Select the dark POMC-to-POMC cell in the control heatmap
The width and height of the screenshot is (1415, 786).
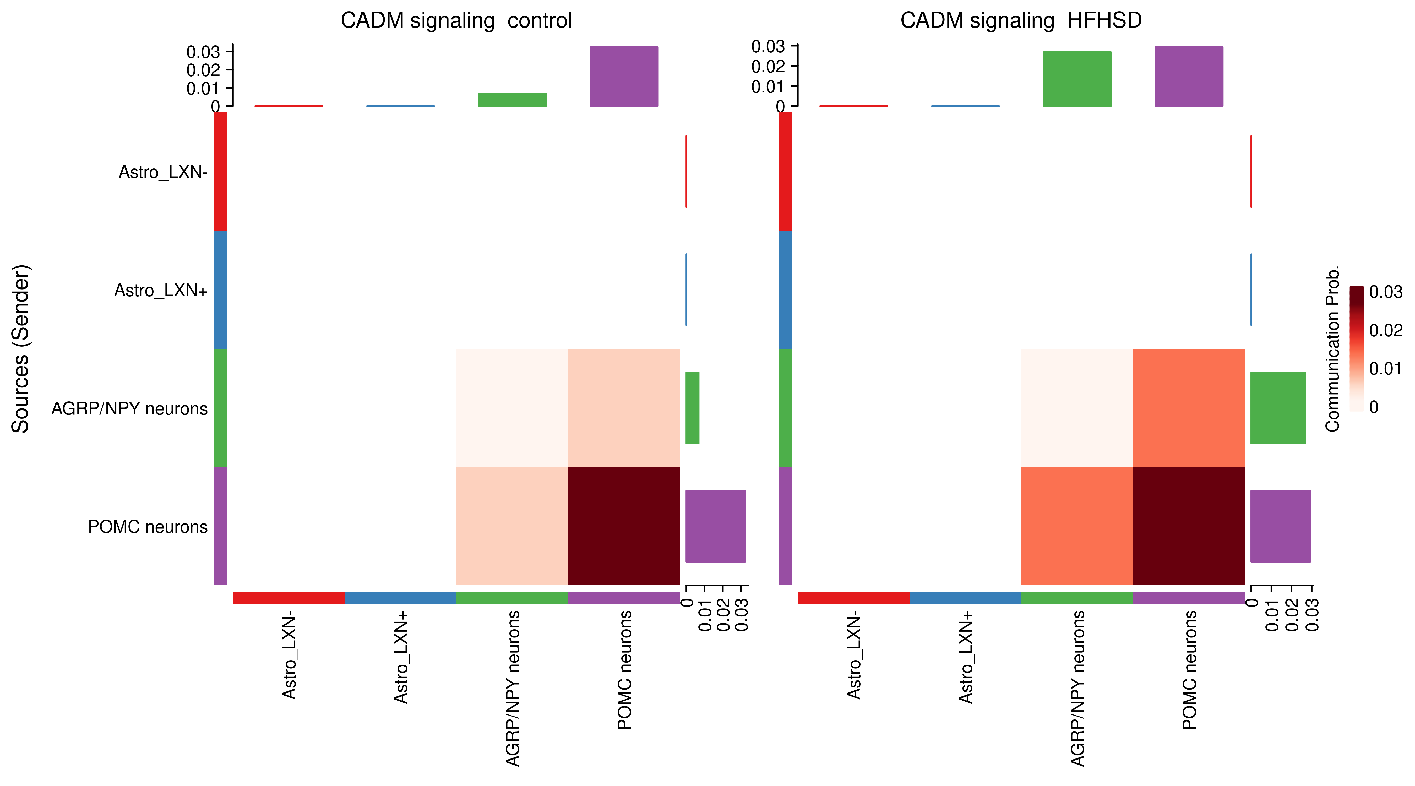click(x=624, y=526)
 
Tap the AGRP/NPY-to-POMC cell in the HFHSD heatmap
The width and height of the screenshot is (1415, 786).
click(x=1189, y=408)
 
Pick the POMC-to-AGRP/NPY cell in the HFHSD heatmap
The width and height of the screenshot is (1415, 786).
click(x=1077, y=526)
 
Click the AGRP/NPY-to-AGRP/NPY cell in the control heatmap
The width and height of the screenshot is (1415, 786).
click(x=512, y=408)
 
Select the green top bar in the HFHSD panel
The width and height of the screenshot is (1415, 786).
click(x=1077, y=79)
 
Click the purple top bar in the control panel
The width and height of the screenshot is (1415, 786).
click(x=624, y=76)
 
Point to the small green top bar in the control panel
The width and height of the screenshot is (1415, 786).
click(x=512, y=99)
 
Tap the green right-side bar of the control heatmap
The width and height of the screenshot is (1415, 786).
click(x=692, y=408)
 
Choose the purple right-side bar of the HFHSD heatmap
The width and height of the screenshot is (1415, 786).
click(x=1280, y=526)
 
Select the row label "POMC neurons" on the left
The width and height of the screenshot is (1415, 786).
click(x=148, y=527)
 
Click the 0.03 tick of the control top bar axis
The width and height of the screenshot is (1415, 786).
click(x=203, y=52)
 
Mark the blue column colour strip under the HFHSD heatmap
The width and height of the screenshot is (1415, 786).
click(x=965, y=598)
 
